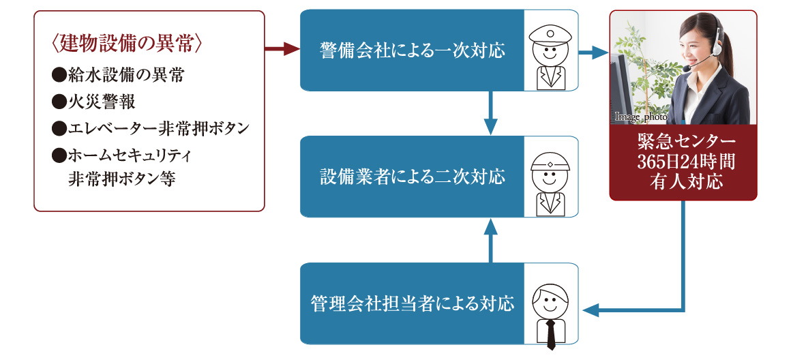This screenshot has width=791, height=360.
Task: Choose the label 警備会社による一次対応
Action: (412, 50)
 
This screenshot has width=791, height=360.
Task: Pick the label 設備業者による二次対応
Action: (412, 177)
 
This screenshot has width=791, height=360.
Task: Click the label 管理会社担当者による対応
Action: (412, 303)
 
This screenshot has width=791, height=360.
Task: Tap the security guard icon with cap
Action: (550, 51)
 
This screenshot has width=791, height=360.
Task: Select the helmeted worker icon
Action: (550, 177)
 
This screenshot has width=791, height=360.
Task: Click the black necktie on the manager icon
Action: (550, 332)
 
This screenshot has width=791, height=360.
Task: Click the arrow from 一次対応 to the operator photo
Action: (593, 51)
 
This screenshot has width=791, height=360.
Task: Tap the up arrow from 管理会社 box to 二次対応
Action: (490, 239)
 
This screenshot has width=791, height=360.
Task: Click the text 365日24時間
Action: (683, 162)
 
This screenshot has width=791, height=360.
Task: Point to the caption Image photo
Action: (640, 117)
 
